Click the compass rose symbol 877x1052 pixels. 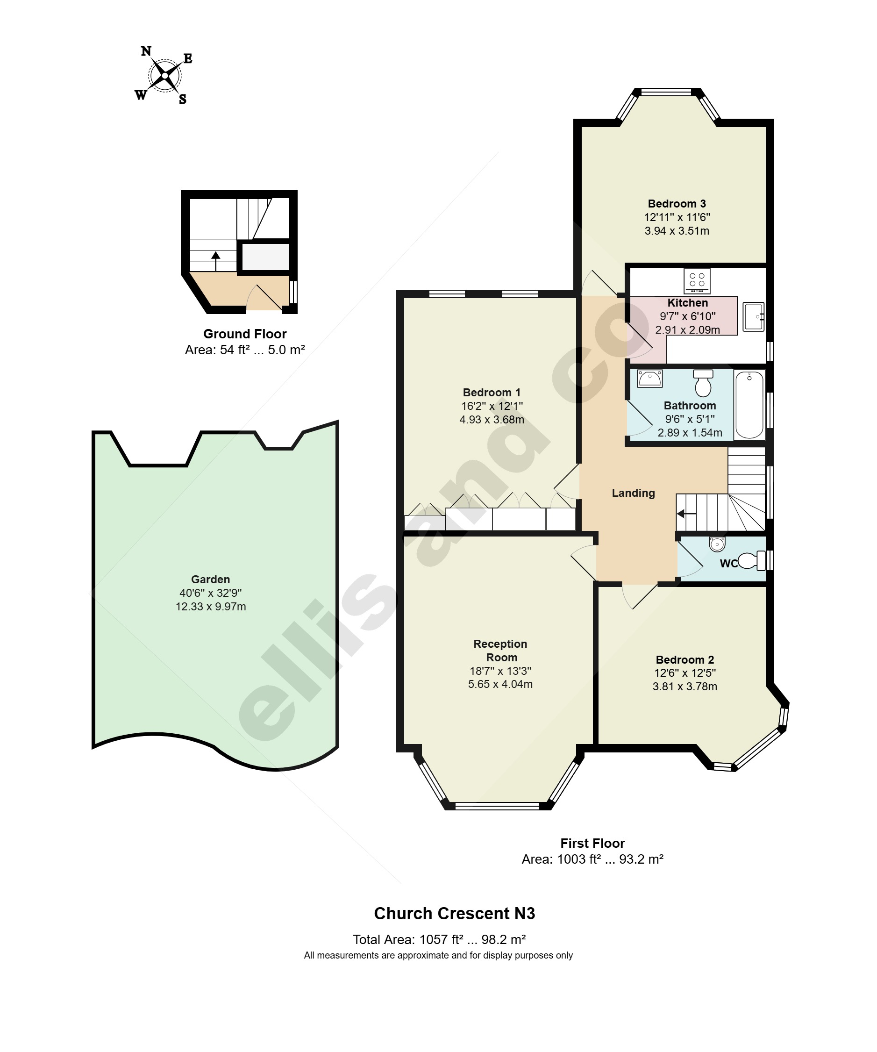(164, 76)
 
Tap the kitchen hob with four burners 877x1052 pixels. (697, 281)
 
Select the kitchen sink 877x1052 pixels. (753, 316)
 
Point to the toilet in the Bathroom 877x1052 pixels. (703, 383)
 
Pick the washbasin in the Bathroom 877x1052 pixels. (649, 378)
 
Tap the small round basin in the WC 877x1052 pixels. (717, 544)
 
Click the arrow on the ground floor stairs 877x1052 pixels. (216, 262)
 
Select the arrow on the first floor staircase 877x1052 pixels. (686, 514)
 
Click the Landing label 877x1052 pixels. (633, 493)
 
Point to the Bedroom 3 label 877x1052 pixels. (677, 203)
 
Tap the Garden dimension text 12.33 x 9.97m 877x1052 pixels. (210, 607)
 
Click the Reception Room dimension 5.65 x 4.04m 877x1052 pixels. (500, 684)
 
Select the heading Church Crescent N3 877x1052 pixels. (454, 914)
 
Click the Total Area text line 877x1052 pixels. (439, 940)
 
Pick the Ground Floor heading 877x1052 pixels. (245, 334)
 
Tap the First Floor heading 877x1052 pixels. (592, 844)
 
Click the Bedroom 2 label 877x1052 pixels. (684, 660)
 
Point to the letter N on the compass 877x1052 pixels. (146, 51)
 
